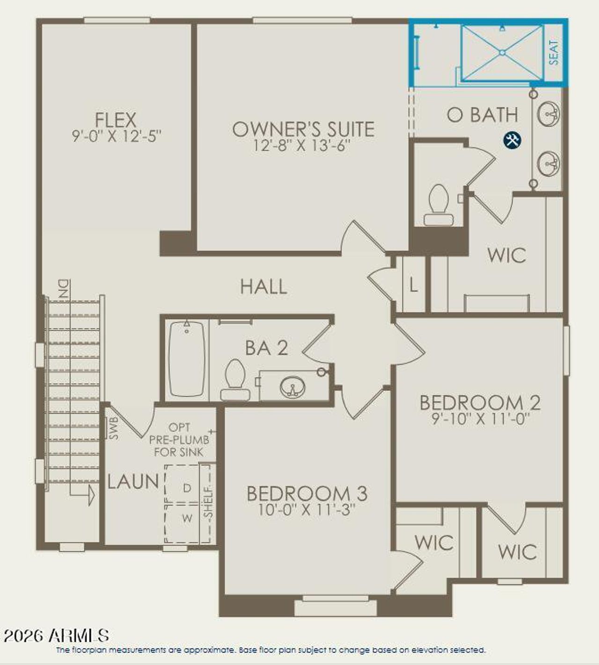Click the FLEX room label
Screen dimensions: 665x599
[116, 120]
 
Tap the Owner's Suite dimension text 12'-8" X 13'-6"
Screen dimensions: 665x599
[302, 146]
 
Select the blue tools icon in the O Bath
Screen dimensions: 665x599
[512, 140]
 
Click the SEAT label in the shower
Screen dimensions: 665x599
[554, 52]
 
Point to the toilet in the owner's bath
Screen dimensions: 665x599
[438, 205]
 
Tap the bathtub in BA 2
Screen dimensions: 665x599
[186, 359]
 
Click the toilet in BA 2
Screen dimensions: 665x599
[235, 380]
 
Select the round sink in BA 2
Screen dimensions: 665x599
[292, 387]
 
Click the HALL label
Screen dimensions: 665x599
[263, 287]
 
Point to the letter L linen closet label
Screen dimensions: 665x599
[413, 285]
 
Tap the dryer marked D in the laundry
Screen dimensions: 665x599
[187, 488]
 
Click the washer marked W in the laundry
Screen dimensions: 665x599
[187, 519]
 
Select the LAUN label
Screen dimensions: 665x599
[133, 482]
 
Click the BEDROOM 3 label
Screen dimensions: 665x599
[307, 494]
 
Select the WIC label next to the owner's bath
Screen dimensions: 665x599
[506, 256]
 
